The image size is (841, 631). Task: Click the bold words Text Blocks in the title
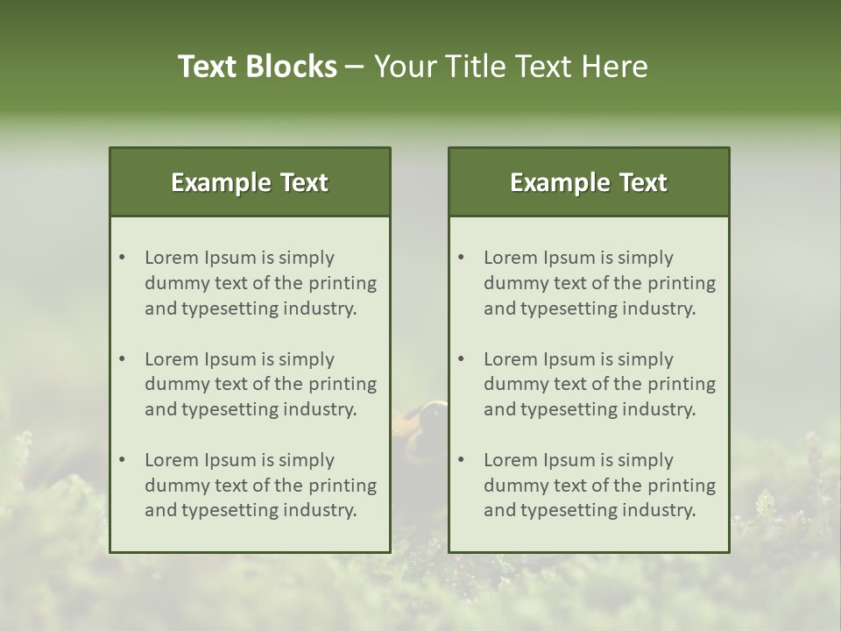(258, 67)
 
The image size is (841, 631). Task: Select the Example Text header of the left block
(250, 182)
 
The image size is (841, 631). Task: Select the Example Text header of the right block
(589, 182)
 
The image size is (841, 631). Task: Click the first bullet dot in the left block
(123, 258)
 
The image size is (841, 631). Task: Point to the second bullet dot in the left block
(123, 359)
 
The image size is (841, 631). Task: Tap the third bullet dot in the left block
(123, 460)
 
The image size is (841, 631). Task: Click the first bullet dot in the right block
(462, 258)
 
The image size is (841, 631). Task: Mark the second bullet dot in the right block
(462, 359)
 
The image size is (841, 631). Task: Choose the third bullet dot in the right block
(462, 460)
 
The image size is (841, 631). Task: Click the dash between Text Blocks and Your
(355, 67)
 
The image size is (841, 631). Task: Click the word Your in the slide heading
(404, 67)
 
